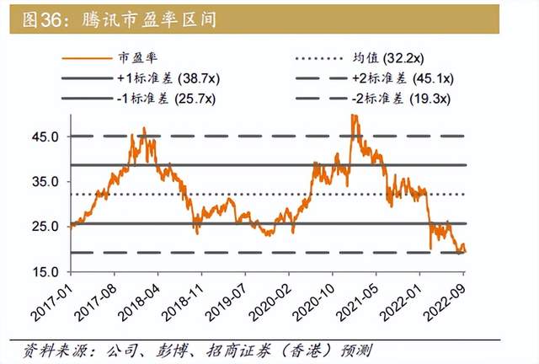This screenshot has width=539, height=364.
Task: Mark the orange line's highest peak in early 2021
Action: click(352, 115)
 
